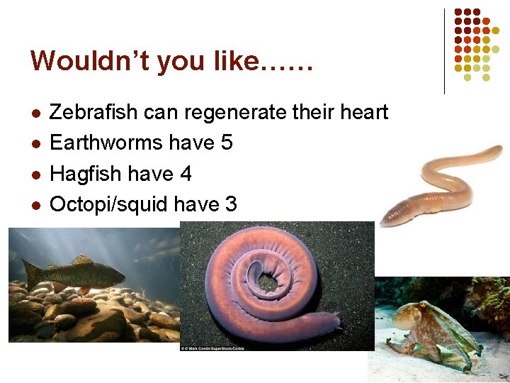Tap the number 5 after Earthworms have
coord(227,143)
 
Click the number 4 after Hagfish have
coord(186,174)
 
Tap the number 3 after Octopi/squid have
coord(230,204)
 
